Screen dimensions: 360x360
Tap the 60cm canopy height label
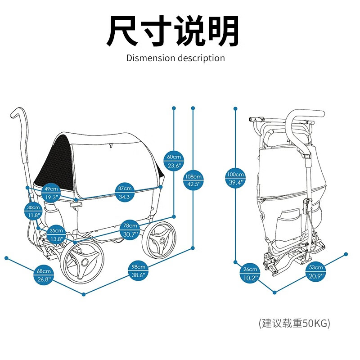click(x=174, y=161)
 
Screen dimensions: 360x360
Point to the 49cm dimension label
click(x=51, y=193)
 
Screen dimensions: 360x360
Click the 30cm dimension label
click(x=33, y=211)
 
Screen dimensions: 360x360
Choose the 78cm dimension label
click(x=131, y=230)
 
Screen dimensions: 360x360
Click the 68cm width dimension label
click(x=44, y=275)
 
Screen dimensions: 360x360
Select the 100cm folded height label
click(x=235, y=178)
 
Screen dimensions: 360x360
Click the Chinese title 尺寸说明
click(x=172, y=31)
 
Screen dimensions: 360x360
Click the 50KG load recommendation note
click(x=294, y=323)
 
